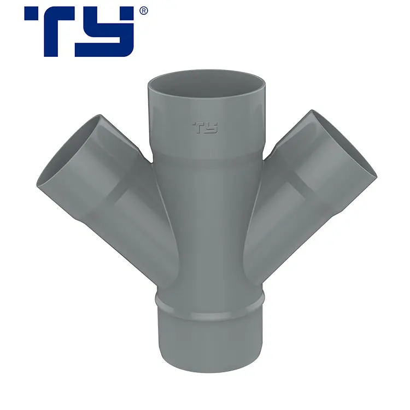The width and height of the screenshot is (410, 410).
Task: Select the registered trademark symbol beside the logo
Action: tap(143, 10)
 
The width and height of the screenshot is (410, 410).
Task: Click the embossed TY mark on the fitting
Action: tap(205, 128)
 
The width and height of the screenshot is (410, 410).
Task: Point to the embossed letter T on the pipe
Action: tap(198, 128)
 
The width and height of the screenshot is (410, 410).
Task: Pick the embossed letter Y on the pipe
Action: tap(212, 128)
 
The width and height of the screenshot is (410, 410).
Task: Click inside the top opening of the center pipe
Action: tap(207, 82)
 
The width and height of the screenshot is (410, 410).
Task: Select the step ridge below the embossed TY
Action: tap(207, 156)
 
